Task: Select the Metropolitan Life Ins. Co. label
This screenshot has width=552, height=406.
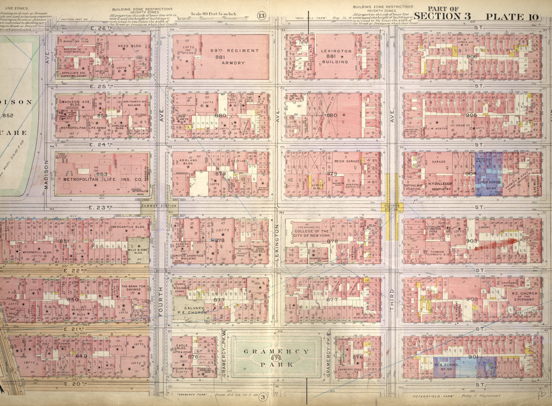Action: click(x=95, y=180)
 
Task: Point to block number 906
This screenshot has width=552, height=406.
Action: click(x=472, y=56)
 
